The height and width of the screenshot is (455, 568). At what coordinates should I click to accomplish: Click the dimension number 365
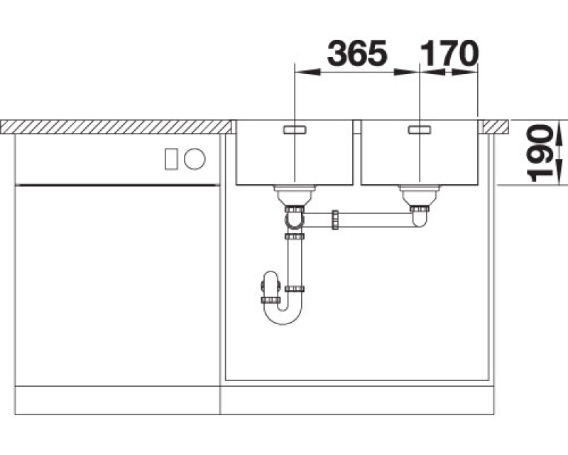357,53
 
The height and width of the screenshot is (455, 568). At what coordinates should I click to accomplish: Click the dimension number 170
449,53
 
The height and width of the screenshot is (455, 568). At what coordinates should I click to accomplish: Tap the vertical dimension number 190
540,153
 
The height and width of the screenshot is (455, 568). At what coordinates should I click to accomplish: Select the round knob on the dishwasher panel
195,159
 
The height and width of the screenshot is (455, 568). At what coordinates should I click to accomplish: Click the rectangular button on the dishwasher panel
171,159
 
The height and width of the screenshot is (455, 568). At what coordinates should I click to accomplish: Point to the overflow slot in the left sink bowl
295,129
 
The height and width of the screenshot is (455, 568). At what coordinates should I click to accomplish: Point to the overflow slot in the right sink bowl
420,129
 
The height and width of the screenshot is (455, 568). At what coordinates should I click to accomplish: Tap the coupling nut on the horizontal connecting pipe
335,220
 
